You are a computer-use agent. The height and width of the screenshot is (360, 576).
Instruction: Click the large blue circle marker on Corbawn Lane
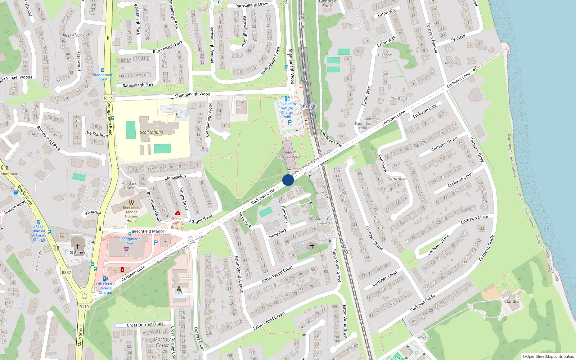pyautogui.click(x=288, y=180)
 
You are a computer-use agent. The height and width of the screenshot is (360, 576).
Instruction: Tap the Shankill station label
pyautogui.click(x=309, y=106)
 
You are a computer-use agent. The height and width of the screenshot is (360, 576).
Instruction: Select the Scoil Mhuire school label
pyautogui.click(x=152, y=132)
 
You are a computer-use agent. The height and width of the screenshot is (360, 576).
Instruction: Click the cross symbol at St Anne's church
pyautogui.click(x=77, y=247)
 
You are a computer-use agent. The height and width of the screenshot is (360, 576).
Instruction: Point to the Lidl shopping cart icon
pyautogui.click(x=126, y=249)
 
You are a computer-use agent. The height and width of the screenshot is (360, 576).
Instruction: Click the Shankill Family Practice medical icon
pyautogui.click(x=177, y=213)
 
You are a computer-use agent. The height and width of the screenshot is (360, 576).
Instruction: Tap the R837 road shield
pyautogui.click(x=66, y=273)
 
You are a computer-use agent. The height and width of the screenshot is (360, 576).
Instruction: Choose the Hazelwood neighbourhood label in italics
pyautogui.click(x=76, y=36)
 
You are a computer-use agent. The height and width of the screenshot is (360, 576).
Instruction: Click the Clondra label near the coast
pyautogui.click(x=511, y=301)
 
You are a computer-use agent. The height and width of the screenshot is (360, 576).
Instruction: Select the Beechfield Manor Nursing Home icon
pyautogui.click(x=131, y=202)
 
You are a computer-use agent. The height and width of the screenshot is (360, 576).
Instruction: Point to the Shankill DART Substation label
pyautogui.click(x=289, y=155)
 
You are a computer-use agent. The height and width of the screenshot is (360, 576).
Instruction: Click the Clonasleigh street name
pyautogui.click(x=175, y=177)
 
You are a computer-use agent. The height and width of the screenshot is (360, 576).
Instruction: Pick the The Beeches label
pyautogui.click(x=401, y=99)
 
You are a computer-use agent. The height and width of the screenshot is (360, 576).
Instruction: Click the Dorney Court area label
pyautogui.click(x=162, y=342)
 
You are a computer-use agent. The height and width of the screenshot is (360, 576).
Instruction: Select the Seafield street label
pyautogui.click(x=458, y=37)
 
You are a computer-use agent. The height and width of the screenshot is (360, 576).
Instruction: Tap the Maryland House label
pyautogui.click(x=129, y=186)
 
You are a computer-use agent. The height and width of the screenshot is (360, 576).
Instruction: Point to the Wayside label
pyautogui.click(x=424, y=337)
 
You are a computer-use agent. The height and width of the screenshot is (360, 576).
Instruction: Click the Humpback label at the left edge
pyautogui.click(x=10, y=174)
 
